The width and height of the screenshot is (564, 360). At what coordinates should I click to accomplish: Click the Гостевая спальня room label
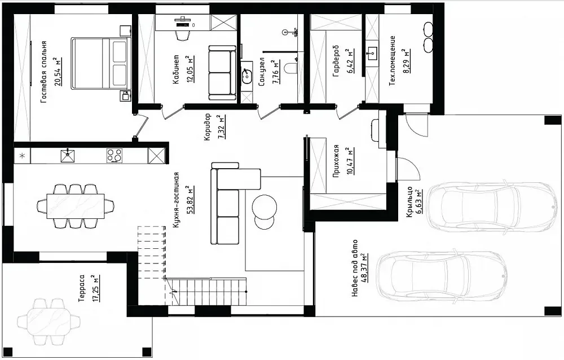tap(43, 72)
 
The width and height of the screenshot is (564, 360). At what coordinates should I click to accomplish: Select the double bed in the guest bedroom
tap(100, 63)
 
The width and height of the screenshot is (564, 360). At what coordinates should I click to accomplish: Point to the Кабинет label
tap(176, 69)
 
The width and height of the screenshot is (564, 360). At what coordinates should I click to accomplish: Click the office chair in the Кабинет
tap(183, 34)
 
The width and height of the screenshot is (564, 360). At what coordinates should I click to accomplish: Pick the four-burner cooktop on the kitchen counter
tap(114, 156)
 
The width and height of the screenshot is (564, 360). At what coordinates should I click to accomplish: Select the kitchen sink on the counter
tap(68, 155)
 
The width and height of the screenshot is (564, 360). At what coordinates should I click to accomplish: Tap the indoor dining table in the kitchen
tap(76, 206)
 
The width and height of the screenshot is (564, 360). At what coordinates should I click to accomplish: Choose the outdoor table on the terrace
tap(49, 321)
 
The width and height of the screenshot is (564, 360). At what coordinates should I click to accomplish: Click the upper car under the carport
tap(492, 207)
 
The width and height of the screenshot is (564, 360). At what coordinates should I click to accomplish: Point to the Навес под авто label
tap(355, 268)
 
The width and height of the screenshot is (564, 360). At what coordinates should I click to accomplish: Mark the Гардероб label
tap(336, 61)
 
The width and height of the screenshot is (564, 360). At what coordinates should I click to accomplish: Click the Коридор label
tap(208, 127)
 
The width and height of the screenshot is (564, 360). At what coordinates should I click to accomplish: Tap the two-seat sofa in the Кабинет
tap(222, 73)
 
